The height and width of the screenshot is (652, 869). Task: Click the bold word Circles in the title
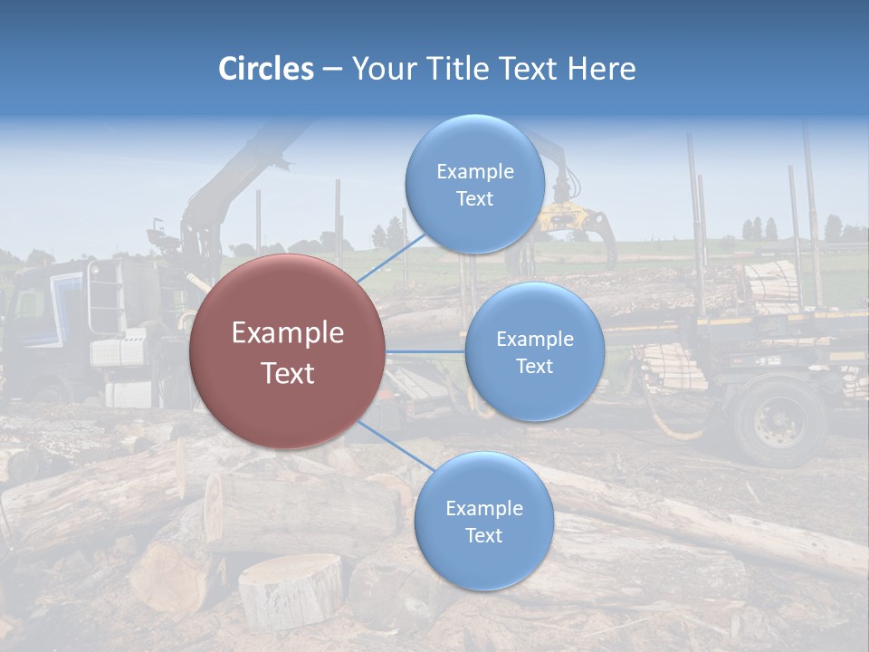266,69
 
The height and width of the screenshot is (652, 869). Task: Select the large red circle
288,351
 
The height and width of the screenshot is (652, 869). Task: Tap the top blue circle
474,185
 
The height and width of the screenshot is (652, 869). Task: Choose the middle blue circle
534,352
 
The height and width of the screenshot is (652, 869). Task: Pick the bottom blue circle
483,522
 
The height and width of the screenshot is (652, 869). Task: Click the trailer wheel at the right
778,422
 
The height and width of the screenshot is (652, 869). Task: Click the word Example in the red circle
288,333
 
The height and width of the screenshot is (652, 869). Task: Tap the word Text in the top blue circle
474,199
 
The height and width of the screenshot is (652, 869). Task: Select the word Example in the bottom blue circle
483,509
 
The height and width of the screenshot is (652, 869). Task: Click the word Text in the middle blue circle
534,367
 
